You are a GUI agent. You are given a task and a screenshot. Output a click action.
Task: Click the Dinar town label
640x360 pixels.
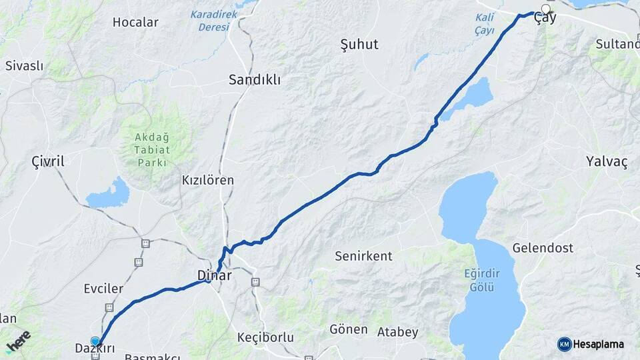pyautogui.click(x=214, y=275)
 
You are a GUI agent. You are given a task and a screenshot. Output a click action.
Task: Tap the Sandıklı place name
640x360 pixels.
pyautogui.click(x=254, y=80)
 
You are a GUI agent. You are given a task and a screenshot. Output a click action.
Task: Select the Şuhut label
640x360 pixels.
pyautogui.click(x=359, y=45)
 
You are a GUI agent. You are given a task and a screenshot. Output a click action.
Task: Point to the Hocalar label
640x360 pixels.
pyautogui.click(x=135, y=22)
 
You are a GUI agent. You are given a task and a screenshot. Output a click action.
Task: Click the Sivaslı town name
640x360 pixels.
pyautogui.click(x=24, y=66)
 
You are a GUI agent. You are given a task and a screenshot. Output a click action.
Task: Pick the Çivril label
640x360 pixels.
pyautogui.click(x=48, y=162)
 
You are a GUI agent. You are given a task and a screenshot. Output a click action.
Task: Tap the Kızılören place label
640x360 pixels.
pyautogui.click(x=208, y=180)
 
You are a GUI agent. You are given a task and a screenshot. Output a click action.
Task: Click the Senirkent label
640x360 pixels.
pyautogui.click(x=363, y=256)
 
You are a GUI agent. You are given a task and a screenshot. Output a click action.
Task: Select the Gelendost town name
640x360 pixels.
pyautogui.click(x=543, y=248)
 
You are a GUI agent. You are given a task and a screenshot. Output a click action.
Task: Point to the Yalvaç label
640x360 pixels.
pyautogui.click(x=607, y=162)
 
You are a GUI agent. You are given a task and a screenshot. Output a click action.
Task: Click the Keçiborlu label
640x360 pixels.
pyautogui.click(x=265, y=337)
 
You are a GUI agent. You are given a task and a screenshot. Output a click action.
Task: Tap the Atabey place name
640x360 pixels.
pyautogui.click(x=397, y=332)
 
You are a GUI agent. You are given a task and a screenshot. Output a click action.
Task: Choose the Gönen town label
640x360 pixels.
pyautogui.click(x=349, y=329)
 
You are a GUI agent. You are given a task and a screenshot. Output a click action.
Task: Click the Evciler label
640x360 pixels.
pyautogui.click(x=103, y=289)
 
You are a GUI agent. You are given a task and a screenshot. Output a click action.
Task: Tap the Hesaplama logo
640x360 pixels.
pyautogui.click(x=591, y=344)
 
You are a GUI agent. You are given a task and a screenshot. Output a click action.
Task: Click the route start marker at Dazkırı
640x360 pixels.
pyautogui.click(x=95, y=341)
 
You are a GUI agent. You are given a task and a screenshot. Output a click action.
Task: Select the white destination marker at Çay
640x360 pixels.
pyautogui.click(x=546, y=9)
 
